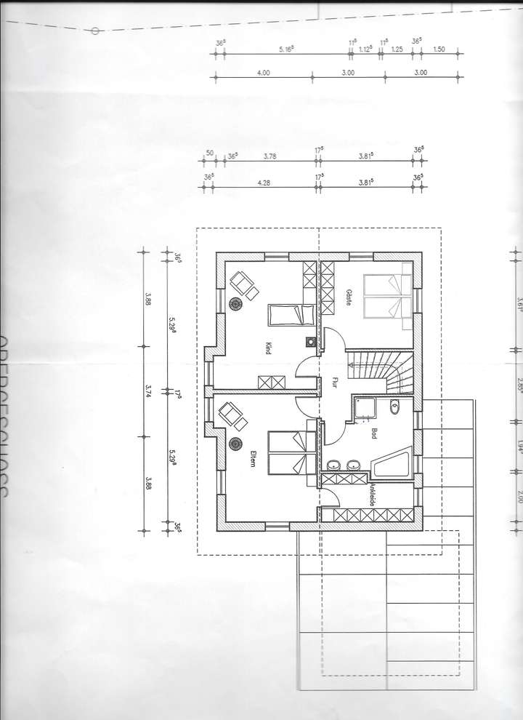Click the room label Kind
point(268,349)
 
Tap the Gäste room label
point(349,296)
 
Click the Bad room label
point(374,433)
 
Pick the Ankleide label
point(371,495)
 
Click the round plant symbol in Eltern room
point(235,443)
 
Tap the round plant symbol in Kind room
point(236,305)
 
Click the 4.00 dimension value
point(264,73)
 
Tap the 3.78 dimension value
point(269,155)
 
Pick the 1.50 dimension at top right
point(439,49)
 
